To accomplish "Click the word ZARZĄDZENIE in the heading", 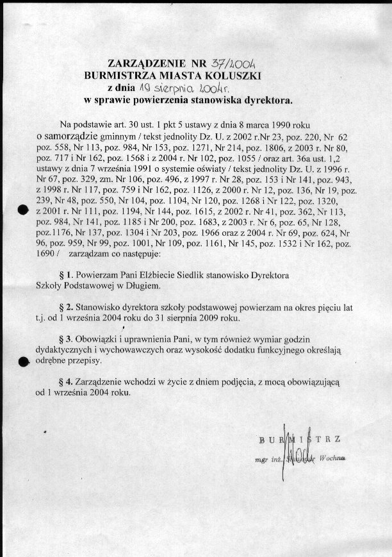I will pyautogui.click(x=145, y=63).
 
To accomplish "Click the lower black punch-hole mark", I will pyautogui.click(x=24, y=362).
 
